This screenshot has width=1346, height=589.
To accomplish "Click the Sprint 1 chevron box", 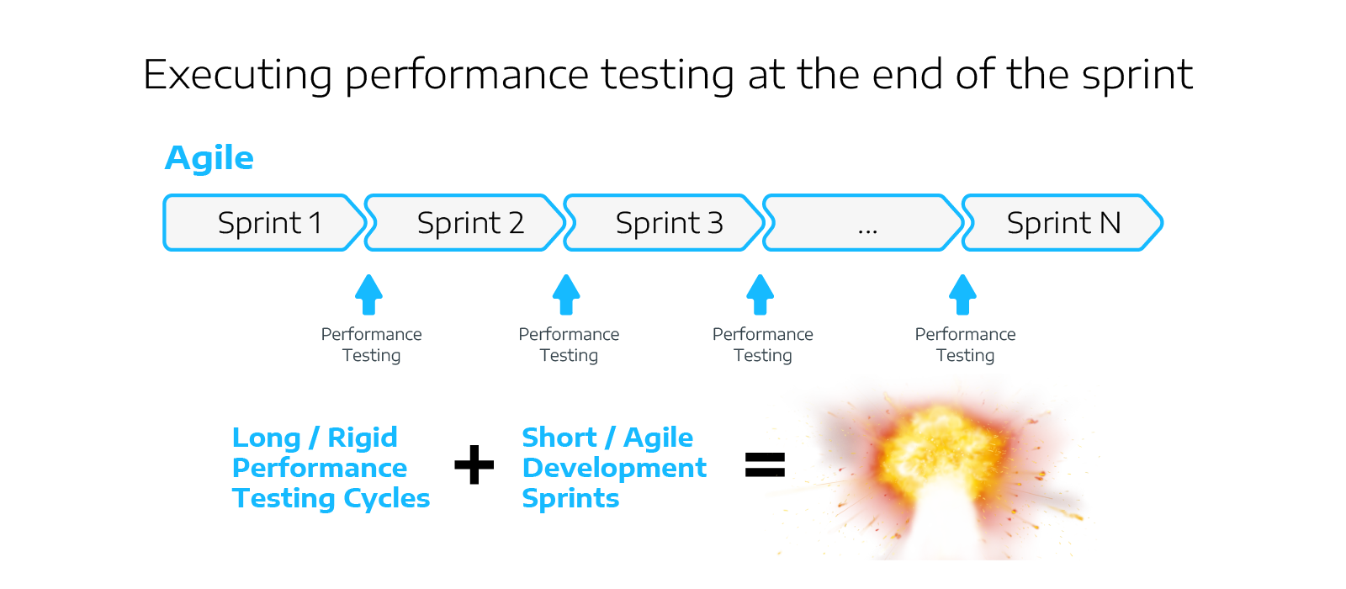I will [x=265, y=223].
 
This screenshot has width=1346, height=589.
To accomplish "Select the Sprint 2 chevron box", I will [x=467, y=223].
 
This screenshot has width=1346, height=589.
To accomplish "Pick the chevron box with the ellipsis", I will [x=864, y=223].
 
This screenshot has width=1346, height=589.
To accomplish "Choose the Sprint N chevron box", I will [x=1062, y=223].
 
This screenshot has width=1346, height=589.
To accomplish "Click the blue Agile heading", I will [x=209, y=158].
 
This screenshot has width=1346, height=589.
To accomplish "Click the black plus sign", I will [x=474, y=465].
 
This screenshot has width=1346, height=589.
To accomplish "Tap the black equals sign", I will [x=765, y=465].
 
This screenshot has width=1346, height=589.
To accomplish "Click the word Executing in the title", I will [x=238, y=75].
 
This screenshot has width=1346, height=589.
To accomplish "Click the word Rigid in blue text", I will [x=362, y=438].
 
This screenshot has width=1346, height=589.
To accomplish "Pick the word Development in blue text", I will [x=614, y=468].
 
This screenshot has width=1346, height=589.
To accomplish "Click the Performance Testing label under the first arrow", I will [x=371, y=345].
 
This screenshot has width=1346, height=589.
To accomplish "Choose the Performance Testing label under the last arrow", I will [x=965, y=345].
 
